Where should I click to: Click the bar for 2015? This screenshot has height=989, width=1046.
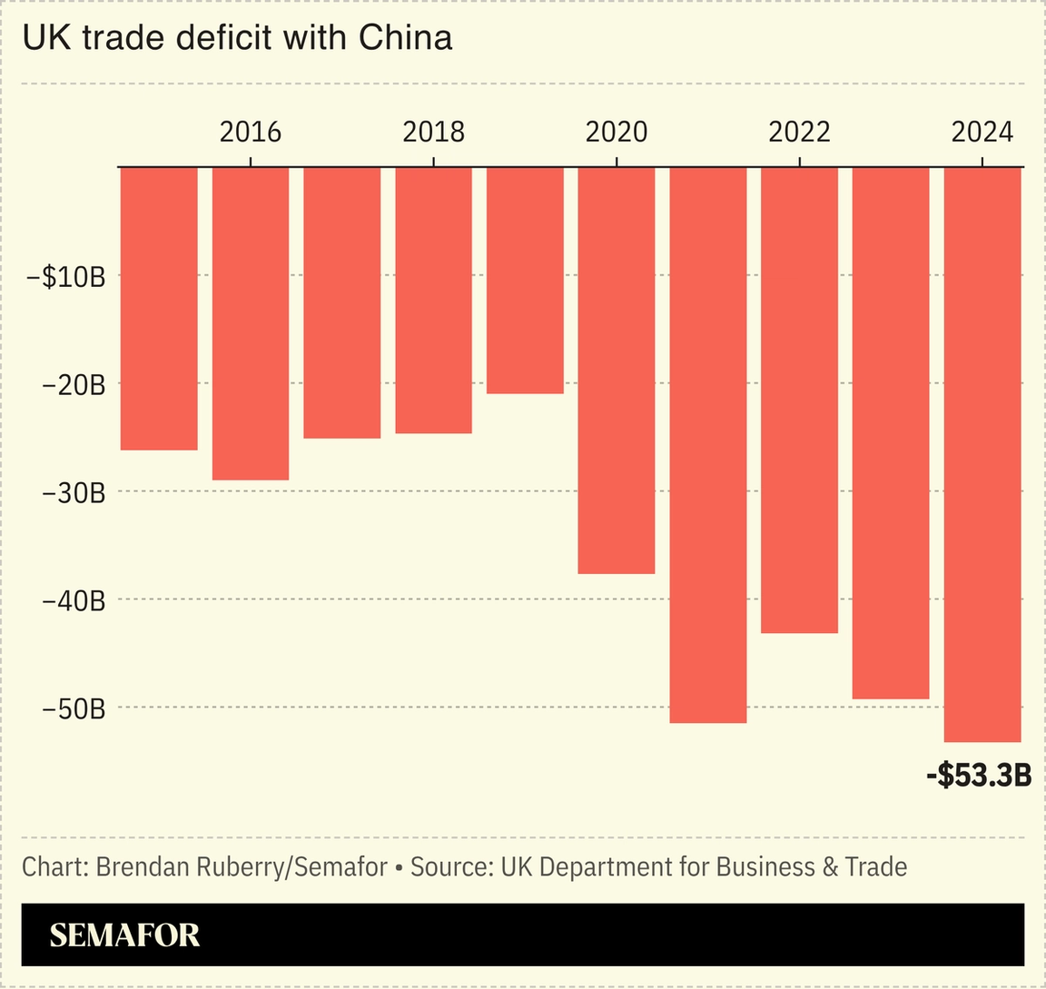pyautogui.click(x=159, y=309)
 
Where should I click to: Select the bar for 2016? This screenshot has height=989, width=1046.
pyautogui.click(x=251, y=323)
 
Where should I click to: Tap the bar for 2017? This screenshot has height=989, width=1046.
pyautogui.click(x=341, y=303)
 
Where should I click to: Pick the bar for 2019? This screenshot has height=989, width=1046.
pyautogui.click(x=525, y=281)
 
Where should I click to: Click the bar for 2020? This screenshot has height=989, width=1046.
pyautogui.click(x=617, y=371)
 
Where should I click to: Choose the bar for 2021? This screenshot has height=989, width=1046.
pyautogui.click(x=708, y=445)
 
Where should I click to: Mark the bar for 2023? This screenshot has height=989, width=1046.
pyautogui.click(x=891, y=433)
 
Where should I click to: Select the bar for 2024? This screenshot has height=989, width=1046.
pyautogui.click(x=982, y=455)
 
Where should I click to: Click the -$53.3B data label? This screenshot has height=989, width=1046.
pyautogui.click(x=979, y=776)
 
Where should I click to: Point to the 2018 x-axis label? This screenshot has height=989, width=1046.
pyautogui.click(x=433, y=133)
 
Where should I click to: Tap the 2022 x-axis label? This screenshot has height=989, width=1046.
pyautogui.click(x=799, y=133)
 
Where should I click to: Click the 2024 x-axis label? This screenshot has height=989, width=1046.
pyautogui.click(x=982, y=133)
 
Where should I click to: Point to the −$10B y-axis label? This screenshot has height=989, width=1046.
pyautogui.click(x=74, y=277)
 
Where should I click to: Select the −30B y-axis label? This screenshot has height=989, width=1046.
pyautogui.click(x=74, y=493)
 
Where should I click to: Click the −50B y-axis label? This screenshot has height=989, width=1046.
pyautogui.click(x=74, y=708)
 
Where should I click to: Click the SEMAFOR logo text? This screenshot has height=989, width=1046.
pyautogui.click(x=124, y=935)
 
